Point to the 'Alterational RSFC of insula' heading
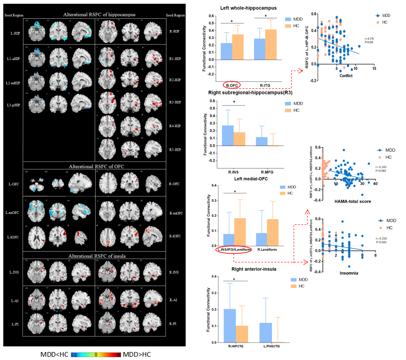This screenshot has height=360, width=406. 95,256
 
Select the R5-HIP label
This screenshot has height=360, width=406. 175,149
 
